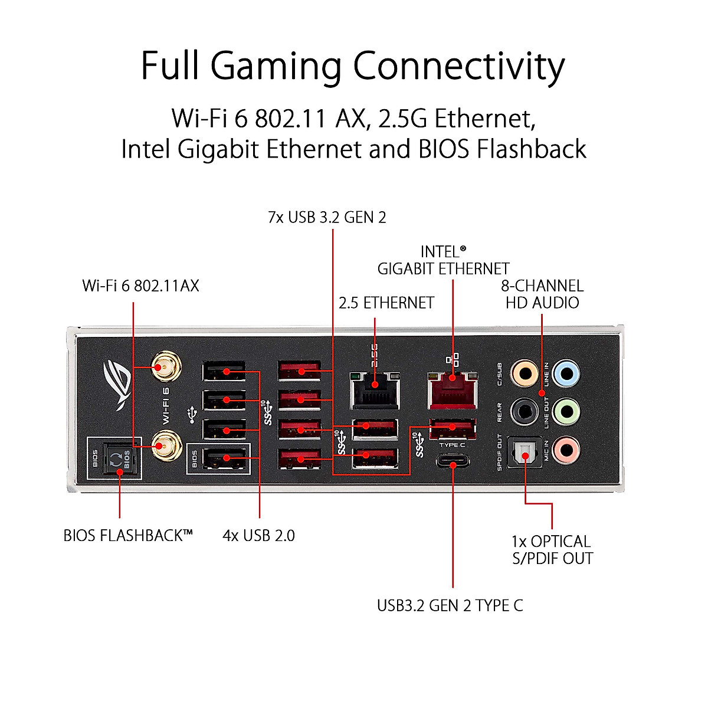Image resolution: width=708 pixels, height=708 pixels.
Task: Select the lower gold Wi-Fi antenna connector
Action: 166,445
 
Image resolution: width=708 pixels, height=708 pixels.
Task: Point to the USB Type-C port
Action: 453,461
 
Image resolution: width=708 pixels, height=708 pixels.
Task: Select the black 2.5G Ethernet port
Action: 375,391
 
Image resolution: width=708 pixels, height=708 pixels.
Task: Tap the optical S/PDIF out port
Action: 525,451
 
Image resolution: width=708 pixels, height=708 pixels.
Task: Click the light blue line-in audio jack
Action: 566,373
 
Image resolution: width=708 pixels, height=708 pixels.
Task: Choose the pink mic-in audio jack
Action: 566,450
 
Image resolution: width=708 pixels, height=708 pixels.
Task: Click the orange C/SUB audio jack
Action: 525,373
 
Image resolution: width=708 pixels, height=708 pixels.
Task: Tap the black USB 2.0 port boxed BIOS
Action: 225,458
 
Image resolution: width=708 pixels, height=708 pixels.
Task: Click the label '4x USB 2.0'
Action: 258,536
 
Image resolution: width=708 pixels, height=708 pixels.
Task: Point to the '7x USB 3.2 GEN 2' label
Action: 327,218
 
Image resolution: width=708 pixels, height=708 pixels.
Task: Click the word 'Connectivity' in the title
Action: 459,67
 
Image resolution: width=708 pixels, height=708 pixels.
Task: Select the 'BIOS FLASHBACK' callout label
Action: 128,536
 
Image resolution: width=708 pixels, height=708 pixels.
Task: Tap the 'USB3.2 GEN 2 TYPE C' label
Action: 450,606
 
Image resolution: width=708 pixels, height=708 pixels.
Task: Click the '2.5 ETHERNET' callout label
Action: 386,303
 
